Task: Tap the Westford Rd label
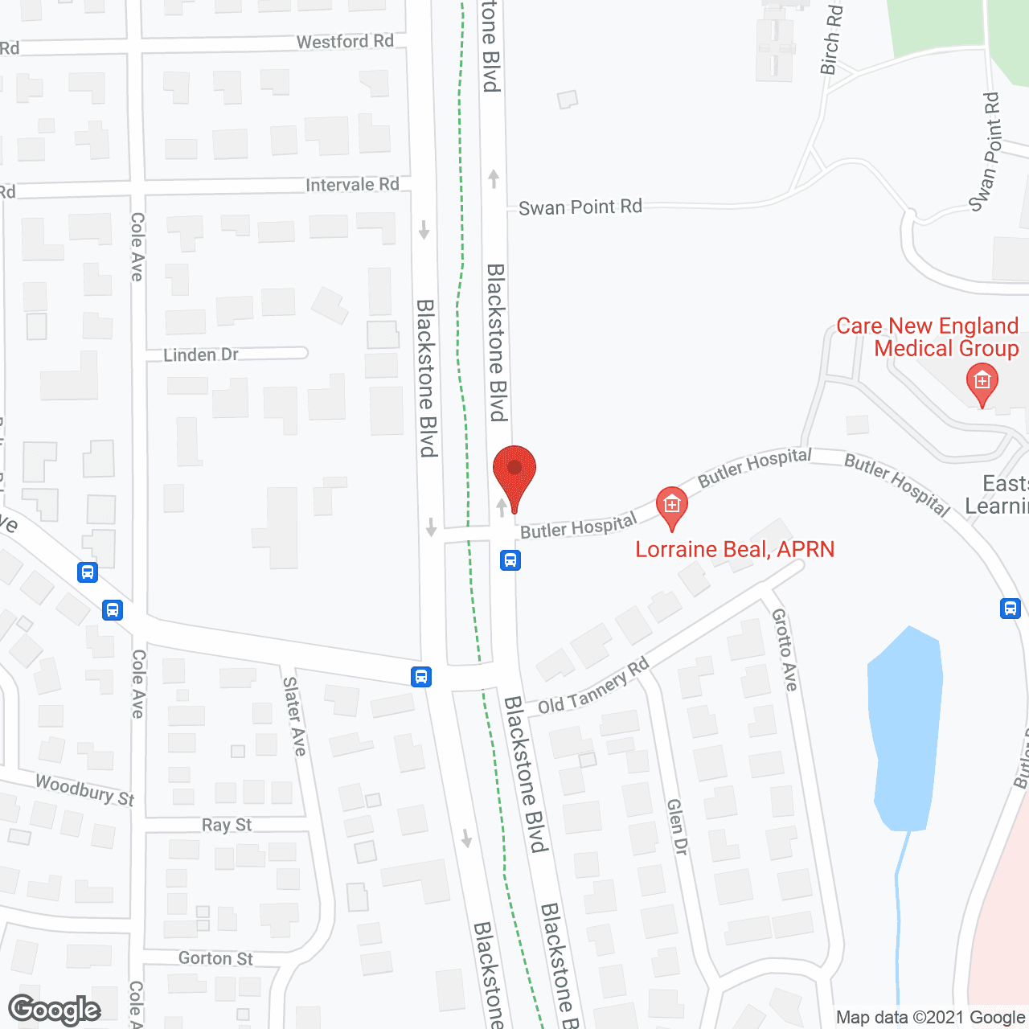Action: pos(345,42)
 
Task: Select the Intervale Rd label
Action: pos(352,185)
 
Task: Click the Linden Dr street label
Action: pos(201,355)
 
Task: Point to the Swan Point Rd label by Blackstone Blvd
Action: pos(580,207)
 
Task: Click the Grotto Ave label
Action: pos(785,650)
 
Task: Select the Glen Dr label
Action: pos(678,826)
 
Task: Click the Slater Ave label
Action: pos(294,715)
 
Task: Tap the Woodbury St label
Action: pos(84,790)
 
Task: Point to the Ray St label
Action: pos(227,825)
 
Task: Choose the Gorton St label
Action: pos(215,958)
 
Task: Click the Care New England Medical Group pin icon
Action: pos(982,383)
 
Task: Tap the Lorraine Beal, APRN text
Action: pos(735,550)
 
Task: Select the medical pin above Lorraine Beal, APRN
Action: pos(672,506)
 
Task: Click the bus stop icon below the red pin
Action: pos(510,560)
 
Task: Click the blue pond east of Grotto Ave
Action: pos(906,724)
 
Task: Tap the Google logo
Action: pos(55,1010)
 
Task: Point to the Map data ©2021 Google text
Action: pos(931,1018)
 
